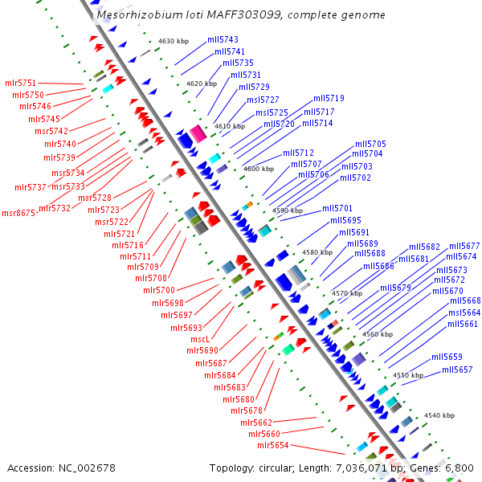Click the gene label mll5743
[x=223, y=39]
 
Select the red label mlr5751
[x=21, y=83]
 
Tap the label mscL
[x=200, y=339]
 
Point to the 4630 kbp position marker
[x=172, y=40]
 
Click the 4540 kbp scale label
[x=439, y=415]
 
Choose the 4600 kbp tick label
[x=259, y=169]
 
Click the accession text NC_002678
[x=61, y=468]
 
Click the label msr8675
[x=18, y=213]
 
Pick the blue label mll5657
[x=457, y=370]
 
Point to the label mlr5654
[x=273, y=445]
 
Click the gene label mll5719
[x=329, y=98]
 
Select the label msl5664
[x=464, y=312]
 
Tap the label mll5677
[x=464, y=246]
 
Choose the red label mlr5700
[x=159, y=290]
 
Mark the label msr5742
[x=51, y=131]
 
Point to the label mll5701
[x=337, y=208]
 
